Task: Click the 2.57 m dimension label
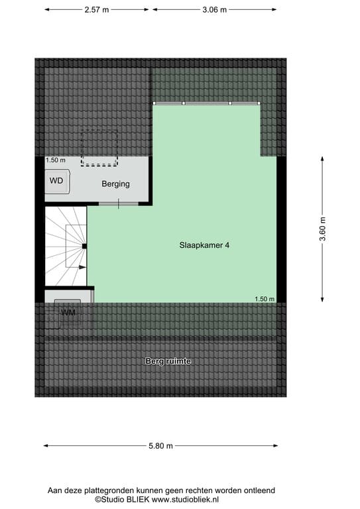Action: coord(97,10)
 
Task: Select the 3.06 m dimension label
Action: coord(215,10)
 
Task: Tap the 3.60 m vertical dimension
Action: coord(322,229)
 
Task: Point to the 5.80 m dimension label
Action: coord(160,445)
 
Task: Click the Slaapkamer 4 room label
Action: coord(204,245)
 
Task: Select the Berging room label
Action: coord(115,184)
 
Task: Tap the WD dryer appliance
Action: coord(57,181)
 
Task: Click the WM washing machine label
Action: coord(68,313)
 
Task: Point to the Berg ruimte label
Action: coord(168,361)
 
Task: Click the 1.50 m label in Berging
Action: coord(56,160)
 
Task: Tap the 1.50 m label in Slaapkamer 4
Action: coord(265,299)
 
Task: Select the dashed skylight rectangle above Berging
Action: coord(99,148)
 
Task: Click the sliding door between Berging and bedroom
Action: coord(119,204)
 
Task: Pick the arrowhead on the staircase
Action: coord(82,267)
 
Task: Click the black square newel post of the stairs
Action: coord(84,246)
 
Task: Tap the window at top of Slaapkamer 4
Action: coord(206,103)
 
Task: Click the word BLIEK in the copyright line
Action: coord(139,499)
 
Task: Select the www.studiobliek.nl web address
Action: coord(186,499)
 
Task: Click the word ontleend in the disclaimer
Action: coord(260,490)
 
